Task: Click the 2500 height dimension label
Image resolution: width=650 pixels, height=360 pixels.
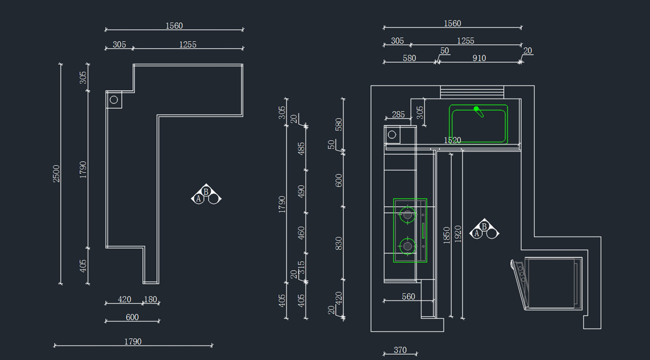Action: coord(56,173)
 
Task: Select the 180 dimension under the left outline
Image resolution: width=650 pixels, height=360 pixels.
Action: coord(150,299)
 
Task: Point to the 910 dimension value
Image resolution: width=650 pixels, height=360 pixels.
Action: coord(479,58)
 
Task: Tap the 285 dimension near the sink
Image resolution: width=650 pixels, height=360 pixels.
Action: coord(398,114)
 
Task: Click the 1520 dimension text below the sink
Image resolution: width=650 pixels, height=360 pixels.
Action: coord(452,140)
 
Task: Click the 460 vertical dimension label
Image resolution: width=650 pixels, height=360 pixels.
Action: coord(301,233)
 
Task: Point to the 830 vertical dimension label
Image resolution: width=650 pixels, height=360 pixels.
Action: coord(339,244)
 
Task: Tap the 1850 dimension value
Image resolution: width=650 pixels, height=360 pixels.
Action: coord(446,234)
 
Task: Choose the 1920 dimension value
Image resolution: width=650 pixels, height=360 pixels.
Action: coord(458,233)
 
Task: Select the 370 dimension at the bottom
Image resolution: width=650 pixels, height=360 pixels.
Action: coord(400,350)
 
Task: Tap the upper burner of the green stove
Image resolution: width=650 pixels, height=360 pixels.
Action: coord(407,214)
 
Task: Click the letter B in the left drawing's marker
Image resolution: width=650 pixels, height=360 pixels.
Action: coord(206,192)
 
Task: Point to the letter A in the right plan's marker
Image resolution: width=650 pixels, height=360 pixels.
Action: coord(477,233)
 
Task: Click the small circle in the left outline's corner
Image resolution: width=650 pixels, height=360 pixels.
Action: coord(114,100)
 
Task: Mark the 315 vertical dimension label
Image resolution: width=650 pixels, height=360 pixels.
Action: coord(301,267)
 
